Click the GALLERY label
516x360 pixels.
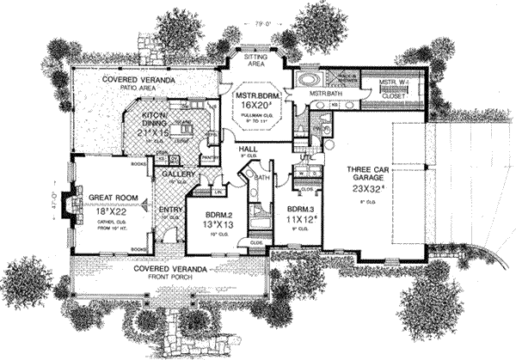(x=177, y=174)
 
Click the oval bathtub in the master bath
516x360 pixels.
(x=307, y=76)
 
